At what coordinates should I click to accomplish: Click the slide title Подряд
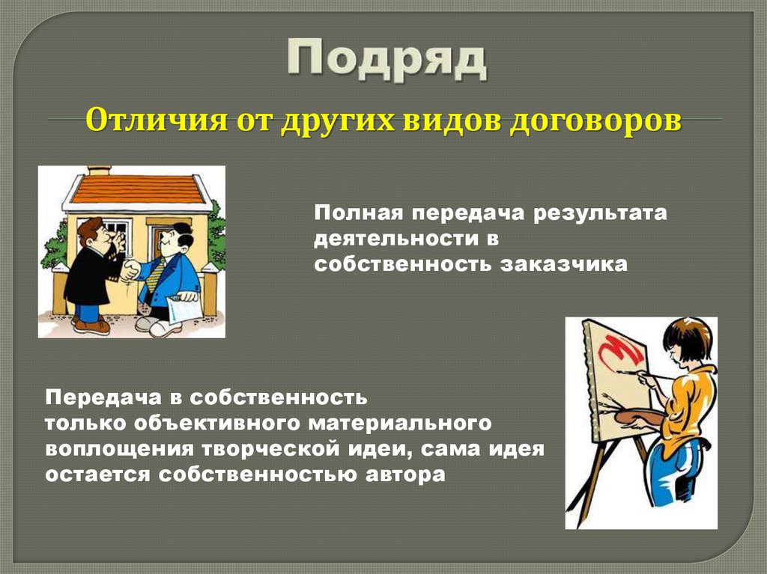[x=386, y=60]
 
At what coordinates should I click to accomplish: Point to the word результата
[x=599, y=213]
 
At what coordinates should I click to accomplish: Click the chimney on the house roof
[x=99, y=171]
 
